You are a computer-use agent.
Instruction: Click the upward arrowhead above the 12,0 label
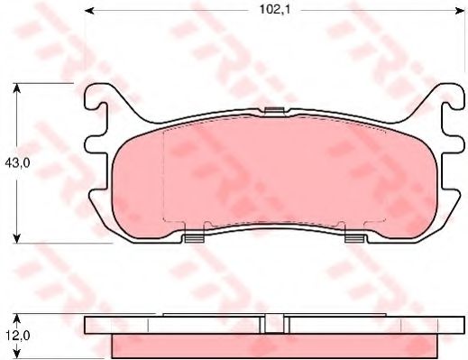tap(16, 318)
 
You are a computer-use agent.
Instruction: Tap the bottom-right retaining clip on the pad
tap(354, 238)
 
